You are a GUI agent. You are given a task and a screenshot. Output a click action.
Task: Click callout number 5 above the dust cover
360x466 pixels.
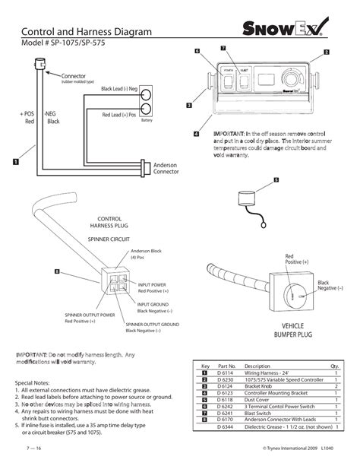pyautogui.click(x=276, y=179)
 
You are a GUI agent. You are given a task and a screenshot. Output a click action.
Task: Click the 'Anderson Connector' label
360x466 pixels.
pyautogui.click(x=166, y=169)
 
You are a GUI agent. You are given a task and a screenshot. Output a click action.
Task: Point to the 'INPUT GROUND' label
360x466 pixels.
pyautogui.click(x=153, y=304)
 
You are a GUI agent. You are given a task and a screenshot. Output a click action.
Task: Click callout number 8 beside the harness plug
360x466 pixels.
pyautogui.click(x=57, y=271)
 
